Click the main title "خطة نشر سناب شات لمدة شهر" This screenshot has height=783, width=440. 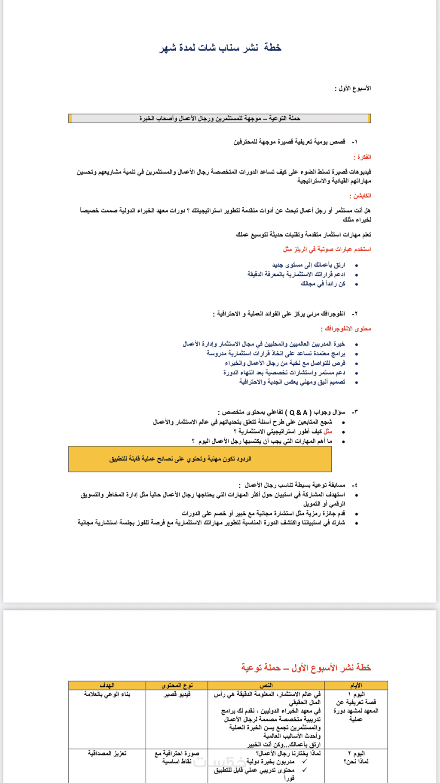coord(220,47)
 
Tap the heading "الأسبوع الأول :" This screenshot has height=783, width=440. coord(353,89)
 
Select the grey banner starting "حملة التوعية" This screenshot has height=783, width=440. coord(220,118)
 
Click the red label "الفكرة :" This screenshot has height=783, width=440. coord(362,157)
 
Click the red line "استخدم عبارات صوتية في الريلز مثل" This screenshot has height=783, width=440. coord(327,249)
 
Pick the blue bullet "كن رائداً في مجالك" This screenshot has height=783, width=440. coord(323,284)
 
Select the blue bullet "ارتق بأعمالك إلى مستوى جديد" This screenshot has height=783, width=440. coord(309,265)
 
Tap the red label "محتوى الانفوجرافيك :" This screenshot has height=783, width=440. coord(346,329)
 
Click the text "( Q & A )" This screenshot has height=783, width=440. coord(299,412)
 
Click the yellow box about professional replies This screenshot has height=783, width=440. coord(200,459)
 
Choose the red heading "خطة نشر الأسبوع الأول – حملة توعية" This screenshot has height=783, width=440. coord(306,668)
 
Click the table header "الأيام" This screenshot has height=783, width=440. coord(356,685)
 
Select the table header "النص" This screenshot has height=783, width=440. coord(266,685)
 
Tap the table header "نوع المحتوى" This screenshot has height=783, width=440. coord(177,685)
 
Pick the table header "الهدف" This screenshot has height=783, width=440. coord(107,685)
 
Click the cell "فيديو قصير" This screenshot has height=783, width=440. coord(177,694)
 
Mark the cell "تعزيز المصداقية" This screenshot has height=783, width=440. coord(107,753)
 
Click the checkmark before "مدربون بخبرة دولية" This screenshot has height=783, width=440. coord(305,761)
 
